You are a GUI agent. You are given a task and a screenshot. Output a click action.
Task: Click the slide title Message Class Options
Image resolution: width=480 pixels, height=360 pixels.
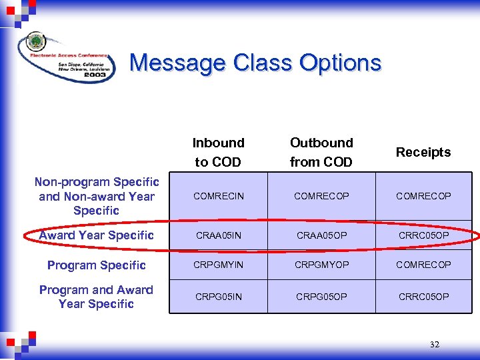[255, 63]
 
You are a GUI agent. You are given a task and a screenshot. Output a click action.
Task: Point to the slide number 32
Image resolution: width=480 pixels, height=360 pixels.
[435, 345]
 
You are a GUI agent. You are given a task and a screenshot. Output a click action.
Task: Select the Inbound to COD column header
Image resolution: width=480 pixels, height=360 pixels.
[218, 152]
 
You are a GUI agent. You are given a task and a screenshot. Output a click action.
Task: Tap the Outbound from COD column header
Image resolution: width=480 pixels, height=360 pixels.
[321, 152]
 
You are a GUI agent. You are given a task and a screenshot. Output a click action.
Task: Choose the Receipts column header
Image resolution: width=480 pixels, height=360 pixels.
[423, 152]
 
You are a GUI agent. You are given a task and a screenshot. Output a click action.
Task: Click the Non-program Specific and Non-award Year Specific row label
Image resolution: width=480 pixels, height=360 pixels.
[97, 196]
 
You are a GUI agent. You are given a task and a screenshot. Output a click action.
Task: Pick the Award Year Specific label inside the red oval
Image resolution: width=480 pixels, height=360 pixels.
[97, 235]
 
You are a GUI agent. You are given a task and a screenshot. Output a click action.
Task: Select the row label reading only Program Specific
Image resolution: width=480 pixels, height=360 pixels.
[97, 265]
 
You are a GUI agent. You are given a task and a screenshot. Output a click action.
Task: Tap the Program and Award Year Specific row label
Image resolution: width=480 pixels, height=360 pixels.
[97, 297]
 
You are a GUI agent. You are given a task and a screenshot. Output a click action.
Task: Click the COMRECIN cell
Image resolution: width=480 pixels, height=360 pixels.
[219, 196]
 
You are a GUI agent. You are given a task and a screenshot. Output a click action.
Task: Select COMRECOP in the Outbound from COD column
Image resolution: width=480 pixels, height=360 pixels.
[321, 196]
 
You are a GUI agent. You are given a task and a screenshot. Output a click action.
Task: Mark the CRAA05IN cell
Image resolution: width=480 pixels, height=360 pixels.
[219, 235]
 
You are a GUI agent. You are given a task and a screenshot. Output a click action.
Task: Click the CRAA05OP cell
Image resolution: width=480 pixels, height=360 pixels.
[321, 235]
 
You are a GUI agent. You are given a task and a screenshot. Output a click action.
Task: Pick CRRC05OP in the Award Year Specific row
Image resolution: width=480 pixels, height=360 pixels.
[423, 235]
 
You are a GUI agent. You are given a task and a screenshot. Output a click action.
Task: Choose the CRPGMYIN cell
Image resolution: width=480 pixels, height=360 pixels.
[219, 265]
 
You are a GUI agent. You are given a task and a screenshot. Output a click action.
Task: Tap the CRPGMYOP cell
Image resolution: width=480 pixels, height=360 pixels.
[321, 265]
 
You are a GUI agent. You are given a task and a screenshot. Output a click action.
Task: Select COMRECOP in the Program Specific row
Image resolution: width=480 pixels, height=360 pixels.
[423, 265]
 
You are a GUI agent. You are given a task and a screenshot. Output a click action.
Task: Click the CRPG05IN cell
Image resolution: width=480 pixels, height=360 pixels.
[219, 297]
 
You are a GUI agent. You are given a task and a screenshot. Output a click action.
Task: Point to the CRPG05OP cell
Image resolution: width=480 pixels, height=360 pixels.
[321, 297]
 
